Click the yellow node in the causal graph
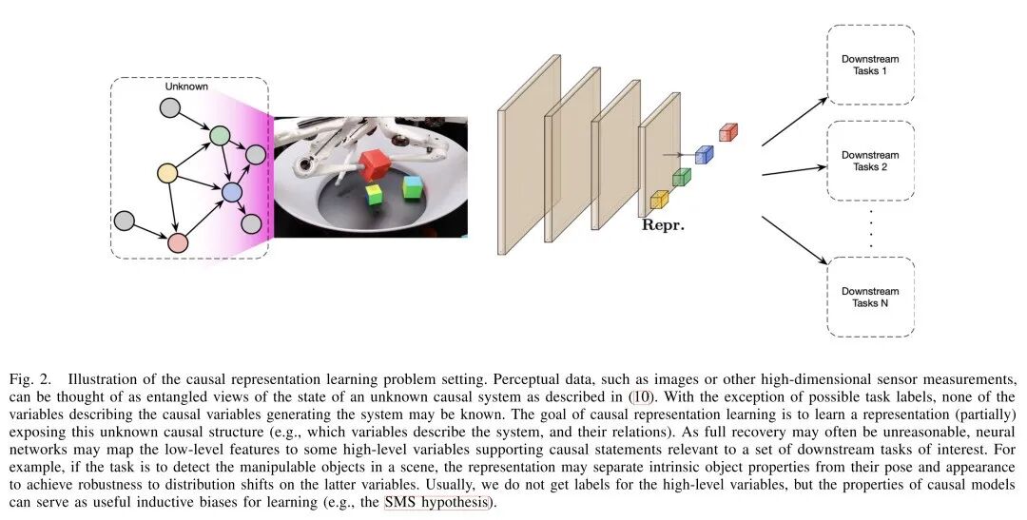[x=167, y=174]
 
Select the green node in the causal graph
[x=220, y=136]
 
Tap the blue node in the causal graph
[x=231, y=193]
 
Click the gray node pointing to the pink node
[x=124, y=221]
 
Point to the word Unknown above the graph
[x=186, y=87]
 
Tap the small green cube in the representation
[x=681, y=177]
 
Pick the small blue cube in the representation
[x=704, y=154]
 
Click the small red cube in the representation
[x=728, y=132]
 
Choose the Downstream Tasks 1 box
[x=869, y=65]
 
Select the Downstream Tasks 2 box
[x=869, y=161]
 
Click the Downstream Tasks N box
[x=869, y=296]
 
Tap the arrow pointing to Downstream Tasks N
[x=792, y=238]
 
